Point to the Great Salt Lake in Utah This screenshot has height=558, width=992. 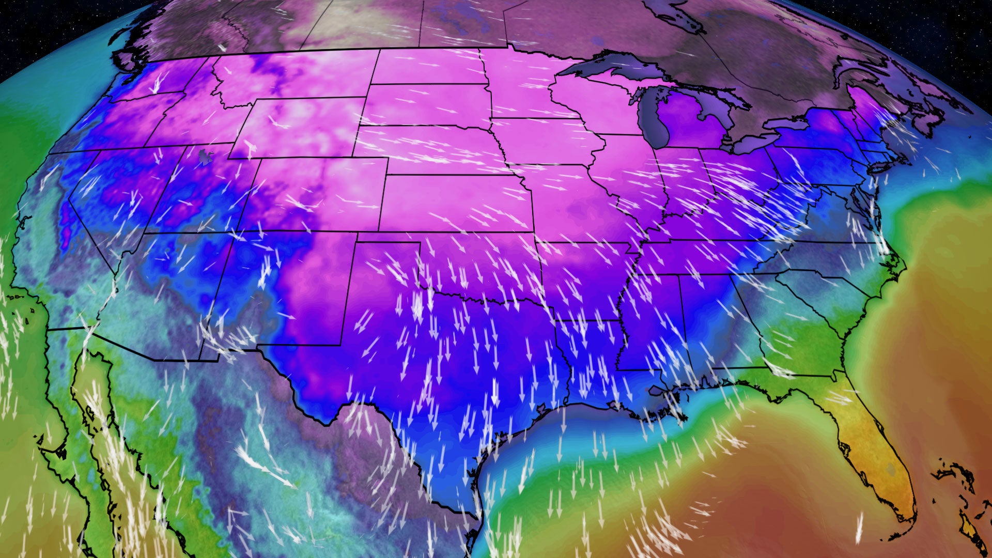tap(206, 156)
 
